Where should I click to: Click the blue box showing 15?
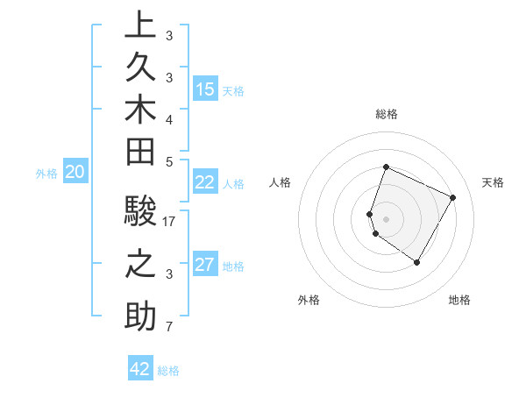(205, 89)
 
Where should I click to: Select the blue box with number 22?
(205, 182)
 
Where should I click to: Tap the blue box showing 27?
(205, 265)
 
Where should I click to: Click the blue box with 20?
(75, 173)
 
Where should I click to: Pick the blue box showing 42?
(140, 369)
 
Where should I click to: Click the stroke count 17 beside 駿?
(170, 222)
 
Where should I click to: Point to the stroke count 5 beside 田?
(170, 161)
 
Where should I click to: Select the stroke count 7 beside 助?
(170, 328)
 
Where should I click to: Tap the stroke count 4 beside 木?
(170, 119)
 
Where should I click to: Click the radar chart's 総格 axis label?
(386, 114)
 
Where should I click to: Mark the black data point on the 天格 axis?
(453, 197)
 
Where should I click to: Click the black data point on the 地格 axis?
(417, 262)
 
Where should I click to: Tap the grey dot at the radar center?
(386, 218)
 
